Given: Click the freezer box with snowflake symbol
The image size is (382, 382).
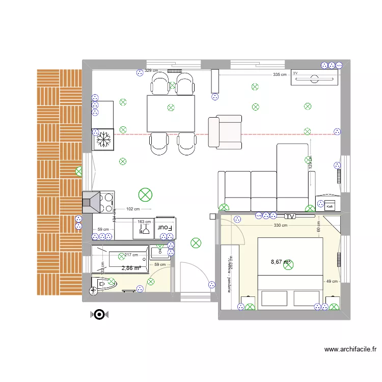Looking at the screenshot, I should tap(103, 139).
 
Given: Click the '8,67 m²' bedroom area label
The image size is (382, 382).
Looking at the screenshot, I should tap(281, 262).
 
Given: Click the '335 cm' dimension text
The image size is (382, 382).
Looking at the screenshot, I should tap(280, 74).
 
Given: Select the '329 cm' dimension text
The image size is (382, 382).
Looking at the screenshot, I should tap(151, 71).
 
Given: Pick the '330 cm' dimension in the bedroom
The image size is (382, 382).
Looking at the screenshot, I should tap(280, 225).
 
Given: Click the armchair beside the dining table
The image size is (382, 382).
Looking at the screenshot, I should tap(225, 132).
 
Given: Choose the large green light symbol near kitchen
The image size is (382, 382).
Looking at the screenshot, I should tap(146, 194).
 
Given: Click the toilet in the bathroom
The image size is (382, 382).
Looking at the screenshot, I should tap(102, 284).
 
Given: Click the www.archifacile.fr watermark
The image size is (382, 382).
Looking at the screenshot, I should tap(350, 349).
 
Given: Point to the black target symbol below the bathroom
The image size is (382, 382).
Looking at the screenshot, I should tap(98, 315).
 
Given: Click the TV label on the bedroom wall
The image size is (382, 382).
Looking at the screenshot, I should tap(290, 216).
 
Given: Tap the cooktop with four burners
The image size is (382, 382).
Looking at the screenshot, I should tap(107, 202).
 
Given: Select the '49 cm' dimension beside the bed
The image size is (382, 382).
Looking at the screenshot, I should tap(332, 281).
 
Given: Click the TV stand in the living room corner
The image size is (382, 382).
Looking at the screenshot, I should tap(314, 78).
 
